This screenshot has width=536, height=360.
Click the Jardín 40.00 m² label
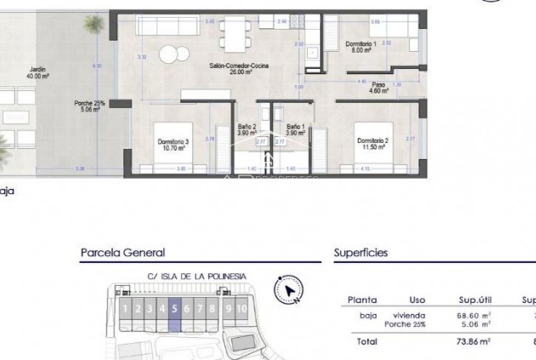[37, 73]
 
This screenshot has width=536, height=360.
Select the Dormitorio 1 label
[360, 47]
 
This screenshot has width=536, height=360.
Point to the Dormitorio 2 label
[373, 143]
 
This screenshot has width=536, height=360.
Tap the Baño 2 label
[247, 129]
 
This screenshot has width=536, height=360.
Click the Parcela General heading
[123, 253]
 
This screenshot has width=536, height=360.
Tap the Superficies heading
[361, 253]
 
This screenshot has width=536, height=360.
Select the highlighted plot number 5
[174, 310]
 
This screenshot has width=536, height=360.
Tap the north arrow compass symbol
[289, 290]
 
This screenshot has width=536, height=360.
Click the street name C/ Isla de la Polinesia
[197, 276]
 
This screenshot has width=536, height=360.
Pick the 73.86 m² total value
[474, 341]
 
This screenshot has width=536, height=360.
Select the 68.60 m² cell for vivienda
[474, 315]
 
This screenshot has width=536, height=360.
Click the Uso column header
[416, 300]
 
